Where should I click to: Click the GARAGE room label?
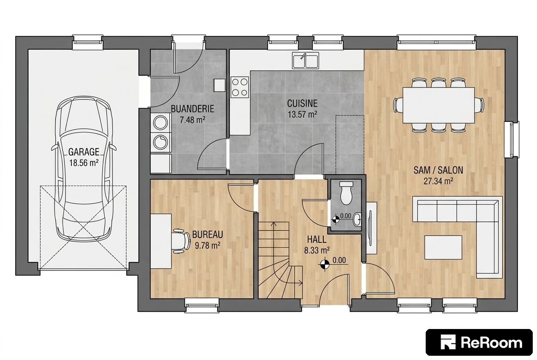point(84,152)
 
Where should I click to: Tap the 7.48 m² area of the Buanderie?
point(192,120)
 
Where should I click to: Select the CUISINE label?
point(302,104)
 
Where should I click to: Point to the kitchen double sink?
point(305,60)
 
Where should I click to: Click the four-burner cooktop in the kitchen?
point(240,87)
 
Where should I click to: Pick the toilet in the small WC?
point(346,193)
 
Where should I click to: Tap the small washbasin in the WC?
point(358,219)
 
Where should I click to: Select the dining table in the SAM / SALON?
point(438,105)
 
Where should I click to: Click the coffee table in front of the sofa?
point(443,247)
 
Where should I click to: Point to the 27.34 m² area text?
point(438,181)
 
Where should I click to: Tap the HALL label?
point(317,239)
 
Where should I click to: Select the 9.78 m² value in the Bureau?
point(208,245)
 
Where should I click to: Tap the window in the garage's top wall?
point(88,42)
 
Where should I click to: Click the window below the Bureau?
point(202,305)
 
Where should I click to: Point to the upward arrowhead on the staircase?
point(274,224)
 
